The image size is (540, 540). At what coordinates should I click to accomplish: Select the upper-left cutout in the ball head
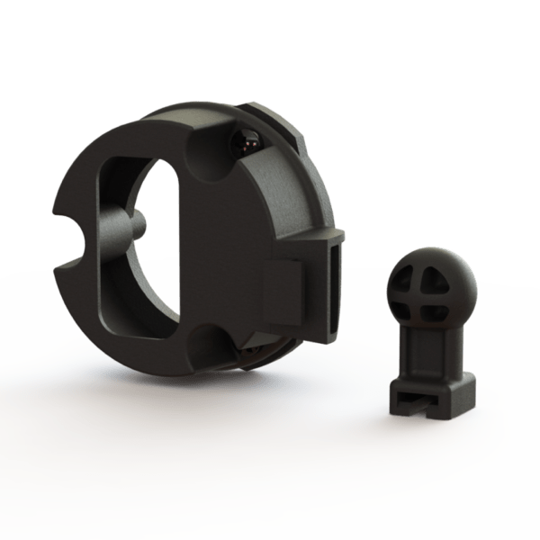pyautogui.click(x=410, y=271)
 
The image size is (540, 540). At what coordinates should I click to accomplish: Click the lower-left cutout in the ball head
pyautogui.click(x=413, y=301)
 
